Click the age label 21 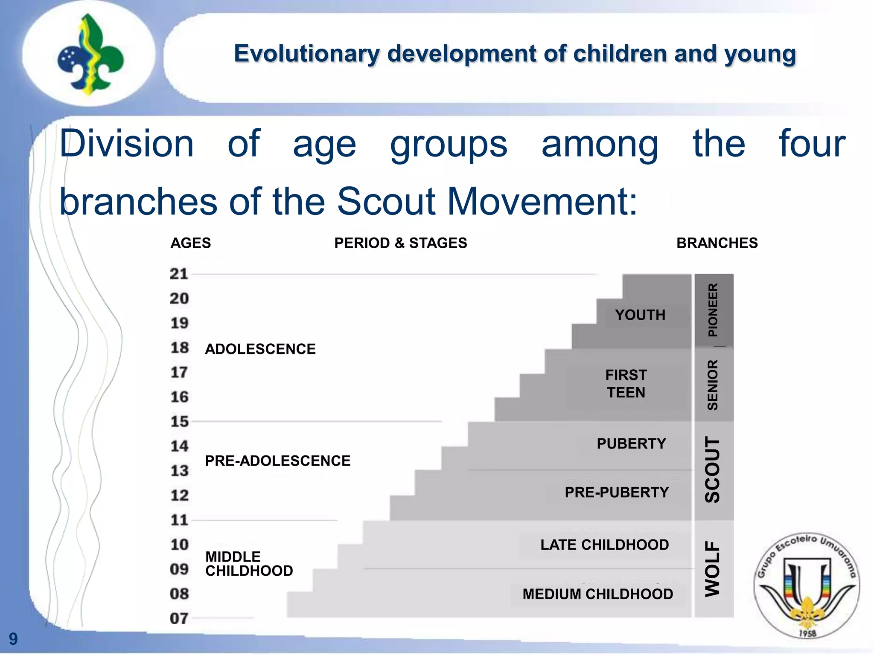pos(179,274)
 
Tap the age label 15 pos(179,422)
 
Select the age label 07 pos(179,618)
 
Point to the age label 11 pos(179,520)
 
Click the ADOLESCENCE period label pos(260,349)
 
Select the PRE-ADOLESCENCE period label pos(277,461)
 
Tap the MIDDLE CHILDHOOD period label pos(249,564)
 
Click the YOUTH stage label pos(640,315)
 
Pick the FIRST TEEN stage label pos(626,384)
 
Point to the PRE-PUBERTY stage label pos(617,493)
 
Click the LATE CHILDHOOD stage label pos(604,545)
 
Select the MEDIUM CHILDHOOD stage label pos(597,594)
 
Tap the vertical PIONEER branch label pos(713,310)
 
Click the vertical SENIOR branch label pos(713,385)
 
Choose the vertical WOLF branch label pos(713,569)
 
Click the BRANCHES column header pos(717,243)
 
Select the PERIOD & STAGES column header pos(400,243)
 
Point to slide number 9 pos(13,639)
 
